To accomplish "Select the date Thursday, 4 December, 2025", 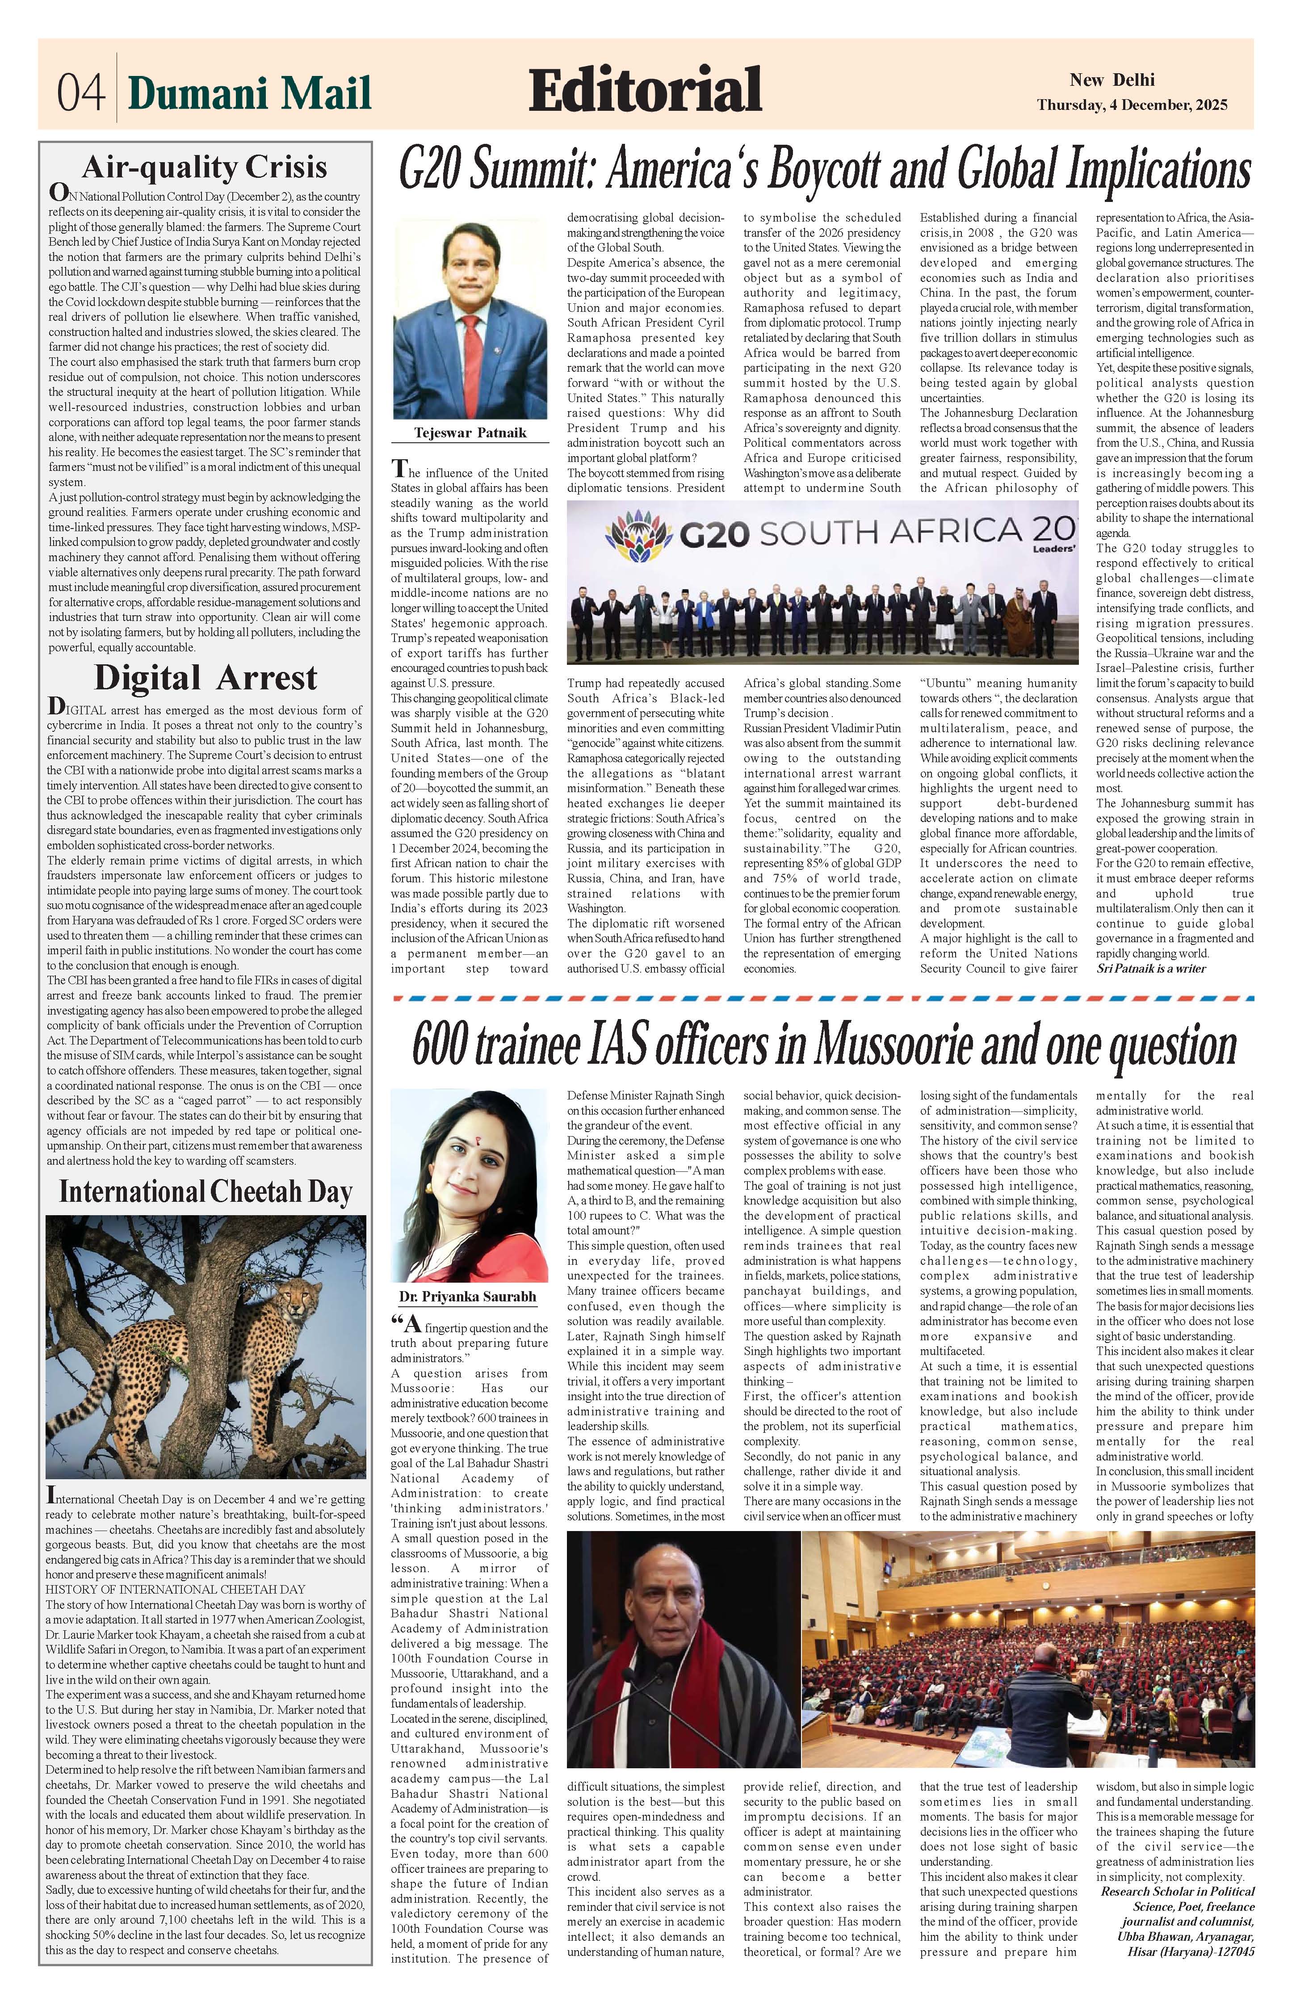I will coord(1132,106).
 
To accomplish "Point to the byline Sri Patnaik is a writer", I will coord(1151,969).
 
